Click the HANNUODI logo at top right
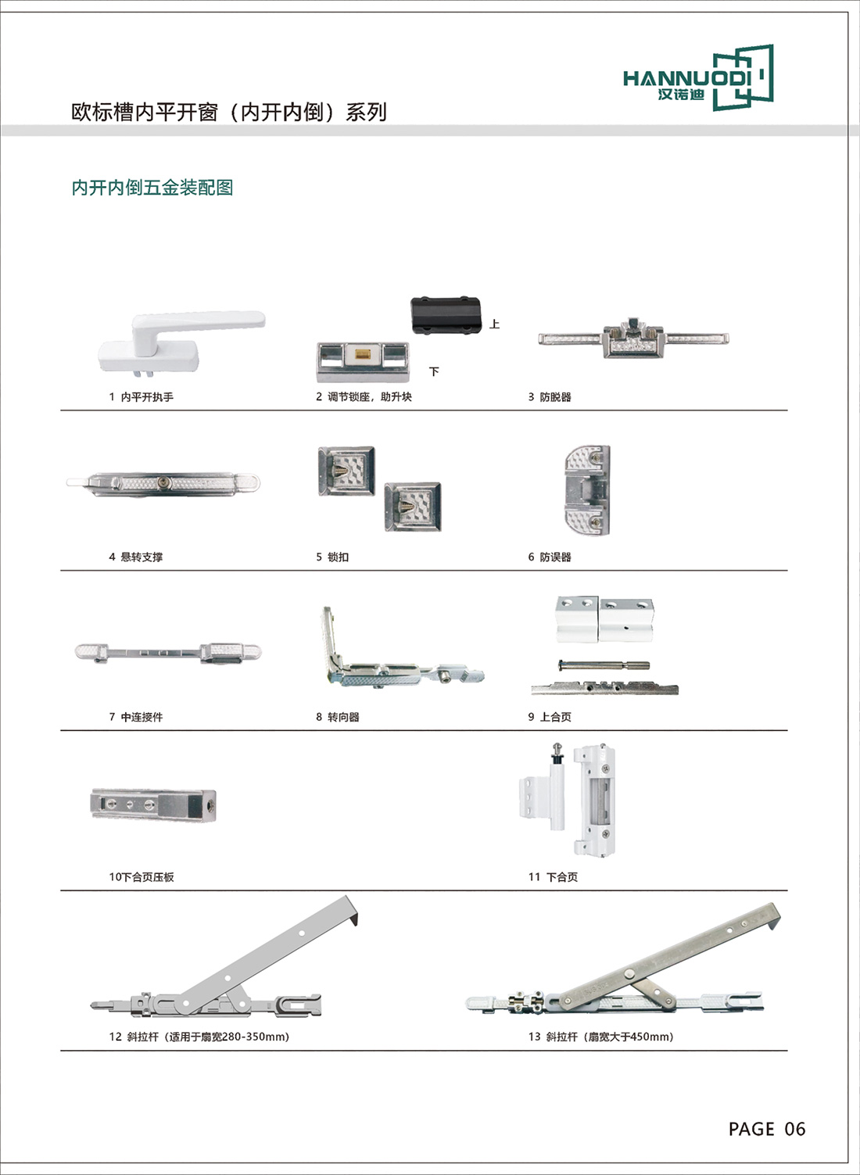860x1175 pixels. click(x=698, y=77)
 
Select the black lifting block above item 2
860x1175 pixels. click(x=446, y=315)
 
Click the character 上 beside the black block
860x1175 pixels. click(x=495, y=324)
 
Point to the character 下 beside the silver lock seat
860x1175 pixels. click(x=434, y=372)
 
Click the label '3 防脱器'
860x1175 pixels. click(x=550, y=397)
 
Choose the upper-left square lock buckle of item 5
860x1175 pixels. click(x=346, y=471)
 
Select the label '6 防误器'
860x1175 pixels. click(x=550, y=557)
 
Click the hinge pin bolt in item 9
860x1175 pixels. click(x=604, y=665)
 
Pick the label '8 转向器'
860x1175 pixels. click(x=338, y=717)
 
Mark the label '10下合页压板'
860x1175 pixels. click(x=142, y=877)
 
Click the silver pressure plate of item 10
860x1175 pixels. click(x=153, y=804)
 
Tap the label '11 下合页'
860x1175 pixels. click(x=553, y=877)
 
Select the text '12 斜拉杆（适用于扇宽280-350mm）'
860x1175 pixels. click(x=199, y=1037)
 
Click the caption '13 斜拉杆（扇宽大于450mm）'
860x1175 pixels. click(x=600, y=1037)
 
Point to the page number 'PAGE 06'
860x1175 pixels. click(x=767, y=1129)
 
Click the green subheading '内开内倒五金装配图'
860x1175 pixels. click(x=152, y=188)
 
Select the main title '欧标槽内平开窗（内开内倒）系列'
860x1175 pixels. click(x=229, y=113)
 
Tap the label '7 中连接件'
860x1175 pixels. click(x=136, y=717)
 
